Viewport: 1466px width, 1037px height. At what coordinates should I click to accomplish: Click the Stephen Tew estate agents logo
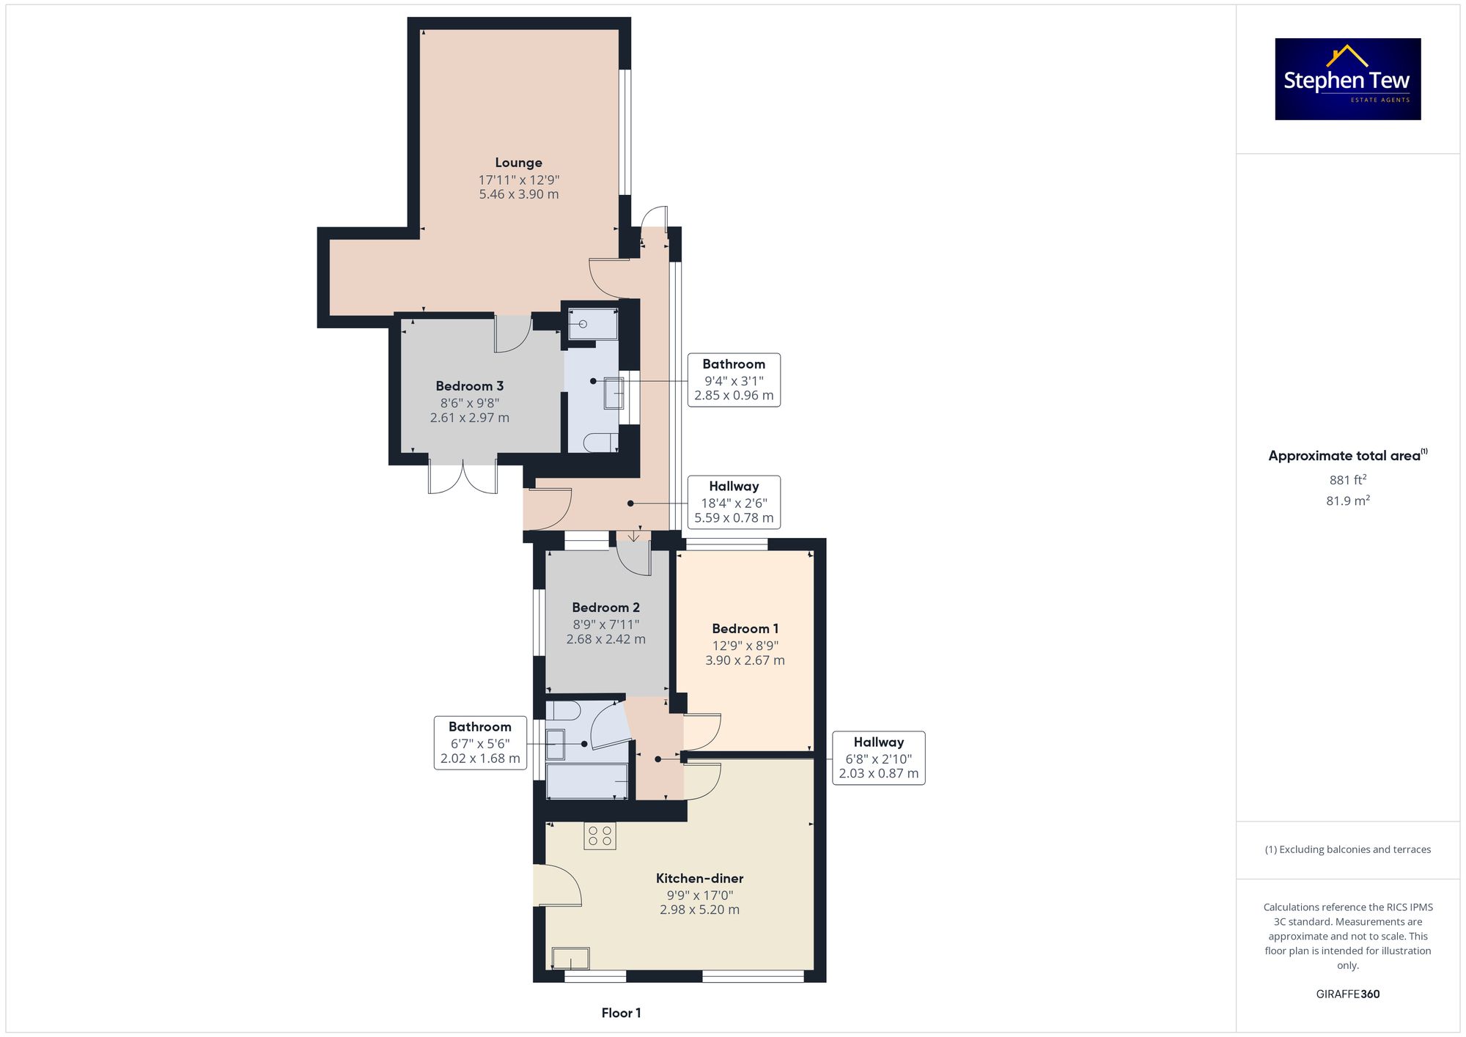point(1348,79)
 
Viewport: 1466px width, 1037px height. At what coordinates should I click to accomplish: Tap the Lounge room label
point(518,163)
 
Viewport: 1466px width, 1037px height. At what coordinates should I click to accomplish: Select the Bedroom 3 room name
point(469,386)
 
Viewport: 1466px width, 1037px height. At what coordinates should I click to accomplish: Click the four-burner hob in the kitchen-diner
point(600,836)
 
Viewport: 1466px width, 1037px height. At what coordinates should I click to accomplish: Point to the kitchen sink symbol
point(571,958)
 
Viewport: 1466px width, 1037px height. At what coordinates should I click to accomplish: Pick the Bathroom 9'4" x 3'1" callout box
point(734,380)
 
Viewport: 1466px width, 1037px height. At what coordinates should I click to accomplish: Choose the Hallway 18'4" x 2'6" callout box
point(734,502)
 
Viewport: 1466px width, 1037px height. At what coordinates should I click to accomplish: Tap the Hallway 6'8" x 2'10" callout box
point(879,758)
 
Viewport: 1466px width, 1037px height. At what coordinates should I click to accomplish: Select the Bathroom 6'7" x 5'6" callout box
point(480,742)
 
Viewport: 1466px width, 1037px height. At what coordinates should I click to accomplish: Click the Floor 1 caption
point(621,1013)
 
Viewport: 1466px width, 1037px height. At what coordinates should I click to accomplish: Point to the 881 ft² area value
point(1348,479)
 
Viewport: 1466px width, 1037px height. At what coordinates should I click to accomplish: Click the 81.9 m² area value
point(1348,501)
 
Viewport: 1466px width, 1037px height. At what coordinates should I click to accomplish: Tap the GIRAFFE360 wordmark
point(1348,994)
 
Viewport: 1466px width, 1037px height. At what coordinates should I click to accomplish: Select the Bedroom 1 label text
point(745,629)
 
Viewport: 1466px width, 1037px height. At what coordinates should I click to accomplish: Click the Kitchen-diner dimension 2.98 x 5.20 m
point(699,909)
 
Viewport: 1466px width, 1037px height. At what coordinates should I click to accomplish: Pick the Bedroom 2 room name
point(605,608)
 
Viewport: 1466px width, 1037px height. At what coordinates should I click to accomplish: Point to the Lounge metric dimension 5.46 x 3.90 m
point(519,194)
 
